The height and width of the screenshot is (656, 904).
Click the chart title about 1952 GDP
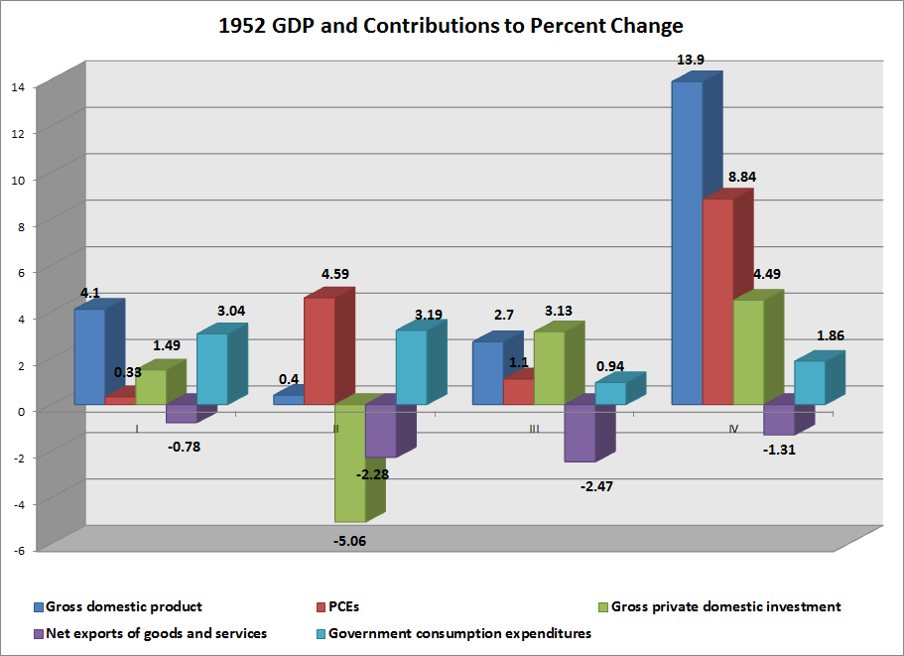[x=452, y=25]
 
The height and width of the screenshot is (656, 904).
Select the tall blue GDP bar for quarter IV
[x=687, y=243]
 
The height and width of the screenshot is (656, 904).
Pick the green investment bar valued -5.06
[x=349, y=462]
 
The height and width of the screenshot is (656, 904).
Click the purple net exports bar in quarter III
[x=580, y=433]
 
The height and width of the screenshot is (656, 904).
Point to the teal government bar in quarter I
[x=211, y=368]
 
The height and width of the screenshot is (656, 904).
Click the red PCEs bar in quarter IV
[x=717, y=302]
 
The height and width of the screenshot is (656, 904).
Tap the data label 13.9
[x=691, y=62]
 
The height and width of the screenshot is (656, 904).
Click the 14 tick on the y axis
[x=18, y=86]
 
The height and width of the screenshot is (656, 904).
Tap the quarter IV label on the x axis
[x=733, y=429]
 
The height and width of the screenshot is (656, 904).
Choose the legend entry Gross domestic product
[x=124, y=606]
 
